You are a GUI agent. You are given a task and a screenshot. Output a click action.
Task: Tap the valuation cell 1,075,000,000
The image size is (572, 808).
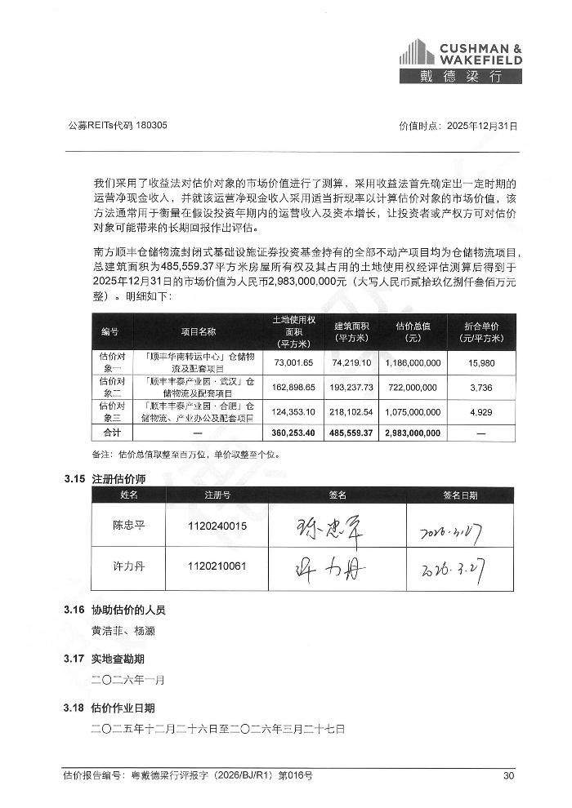click(x=412, y=411)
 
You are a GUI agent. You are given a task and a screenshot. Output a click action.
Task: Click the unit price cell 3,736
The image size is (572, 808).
click(x=481, y=387)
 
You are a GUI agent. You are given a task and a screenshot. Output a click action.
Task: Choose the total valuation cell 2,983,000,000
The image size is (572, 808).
click(x=412, y=432)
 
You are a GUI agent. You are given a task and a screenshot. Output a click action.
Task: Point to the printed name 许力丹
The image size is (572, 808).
click(x=128, y=565)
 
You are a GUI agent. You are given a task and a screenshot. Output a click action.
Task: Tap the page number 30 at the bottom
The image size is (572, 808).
click(x=508, y=775)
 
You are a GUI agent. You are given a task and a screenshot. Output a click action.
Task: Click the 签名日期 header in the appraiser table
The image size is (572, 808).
click(x=461, y=495)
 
